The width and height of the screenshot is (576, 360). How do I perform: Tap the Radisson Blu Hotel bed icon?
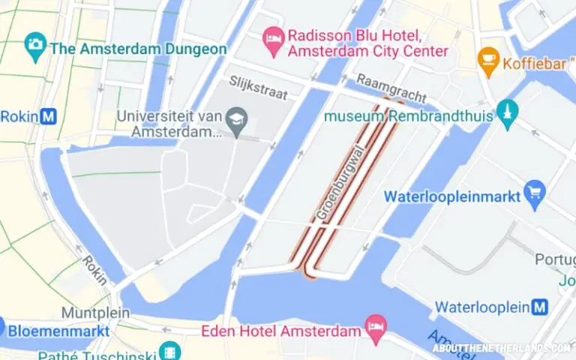pos(271,36)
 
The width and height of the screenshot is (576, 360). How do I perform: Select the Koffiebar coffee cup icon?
pos(489,57)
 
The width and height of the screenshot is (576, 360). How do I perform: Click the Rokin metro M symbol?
pos(49,116)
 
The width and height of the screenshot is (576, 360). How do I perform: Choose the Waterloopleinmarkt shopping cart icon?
pos(534,191)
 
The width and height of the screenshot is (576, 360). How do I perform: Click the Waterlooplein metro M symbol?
pos(538,307)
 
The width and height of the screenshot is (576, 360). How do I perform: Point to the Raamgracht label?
pos(391,87)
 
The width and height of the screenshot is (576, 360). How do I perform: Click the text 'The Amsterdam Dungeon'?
pos(138,49)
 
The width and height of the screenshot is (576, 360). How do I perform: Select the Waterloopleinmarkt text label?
pos(451,196)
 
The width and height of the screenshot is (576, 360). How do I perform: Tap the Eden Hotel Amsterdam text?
pos(282,331)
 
